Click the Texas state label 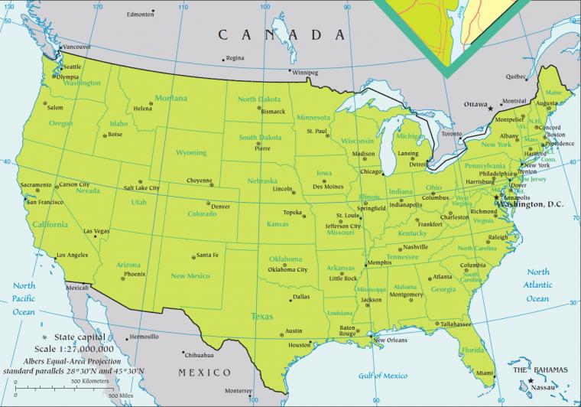click(x=262, y=315)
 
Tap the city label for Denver click(x=220, y=207)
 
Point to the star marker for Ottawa click(x=490, y=109)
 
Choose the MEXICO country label click(x=204, y=372)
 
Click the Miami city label click(x=482, y=373)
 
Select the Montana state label click(x=171, y=98)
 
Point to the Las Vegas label click(x=96, y=231)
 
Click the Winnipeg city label click(x=303, y=73)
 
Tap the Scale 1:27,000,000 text click(x=83, y=344)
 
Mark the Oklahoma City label click(x=287, y=269)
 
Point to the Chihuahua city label click(x=197, y=355)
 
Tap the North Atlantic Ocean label click(x=538, y=285)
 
